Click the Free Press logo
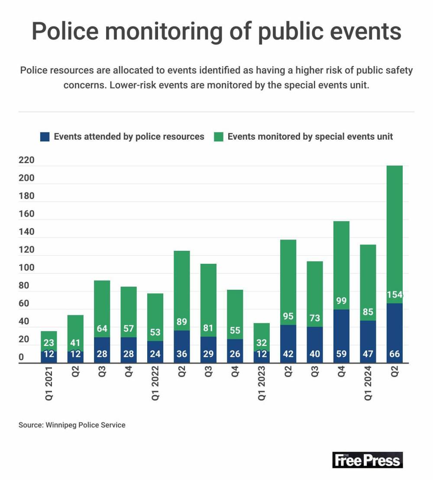(368, 460)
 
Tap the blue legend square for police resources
(44, 137)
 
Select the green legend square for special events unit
(218, 137)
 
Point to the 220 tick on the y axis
(26, 161)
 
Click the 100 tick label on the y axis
(26, 268)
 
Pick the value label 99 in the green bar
(342, 301)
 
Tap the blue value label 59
(342, 354)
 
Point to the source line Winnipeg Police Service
(72, 425)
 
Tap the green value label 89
(182, 322)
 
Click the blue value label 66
(395, 354)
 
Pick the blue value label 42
(288, 354)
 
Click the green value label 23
(49, 343)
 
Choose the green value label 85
(368, 312)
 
